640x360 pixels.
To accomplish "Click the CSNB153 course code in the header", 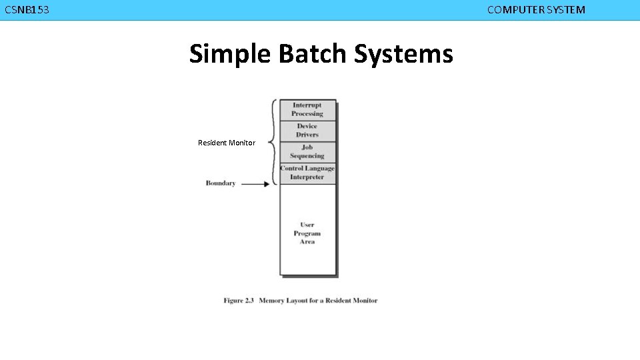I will pos(27,10).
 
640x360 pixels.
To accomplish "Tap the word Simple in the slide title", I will pos(230,54).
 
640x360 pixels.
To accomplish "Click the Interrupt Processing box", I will pos(307,110).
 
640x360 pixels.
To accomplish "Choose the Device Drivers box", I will pos(307,131).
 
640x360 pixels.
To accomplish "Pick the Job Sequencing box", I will pos(307,152).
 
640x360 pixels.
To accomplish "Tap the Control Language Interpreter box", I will pos(307,173).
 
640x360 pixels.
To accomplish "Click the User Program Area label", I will pos(307,233).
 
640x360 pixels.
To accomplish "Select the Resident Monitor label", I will pos(227,143).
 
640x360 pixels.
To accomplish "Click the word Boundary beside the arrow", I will pos(221,183).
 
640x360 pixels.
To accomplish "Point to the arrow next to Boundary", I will pos(255,184).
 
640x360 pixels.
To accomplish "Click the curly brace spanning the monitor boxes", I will pos(273,142).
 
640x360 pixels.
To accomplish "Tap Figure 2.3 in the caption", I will pos(239,301).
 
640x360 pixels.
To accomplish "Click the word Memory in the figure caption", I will pos(271,301).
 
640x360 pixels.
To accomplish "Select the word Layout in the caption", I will pos(297,301).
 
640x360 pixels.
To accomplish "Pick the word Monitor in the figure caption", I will pos(365,301).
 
